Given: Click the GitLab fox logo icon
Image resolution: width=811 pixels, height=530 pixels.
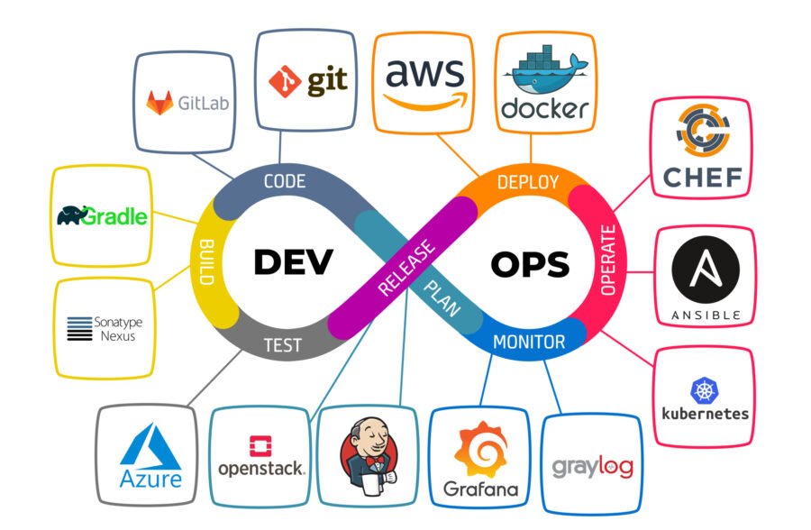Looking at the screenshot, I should [161, 103].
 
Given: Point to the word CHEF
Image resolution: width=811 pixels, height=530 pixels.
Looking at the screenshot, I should [702, 176].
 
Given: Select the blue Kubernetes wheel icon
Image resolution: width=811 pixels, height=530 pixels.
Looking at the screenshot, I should [705, 389].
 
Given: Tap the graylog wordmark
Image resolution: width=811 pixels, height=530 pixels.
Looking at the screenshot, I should [592, 467].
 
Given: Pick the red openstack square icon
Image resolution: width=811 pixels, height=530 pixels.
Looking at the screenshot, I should [260, 445].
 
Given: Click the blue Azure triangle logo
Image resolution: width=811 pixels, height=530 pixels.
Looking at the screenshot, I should [150, 445].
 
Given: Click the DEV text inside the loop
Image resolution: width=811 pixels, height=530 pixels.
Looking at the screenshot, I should [293, 262].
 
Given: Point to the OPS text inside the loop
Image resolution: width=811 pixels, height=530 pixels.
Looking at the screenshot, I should [530, 264].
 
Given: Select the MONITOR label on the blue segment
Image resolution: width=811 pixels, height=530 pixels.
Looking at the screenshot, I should [529, 343].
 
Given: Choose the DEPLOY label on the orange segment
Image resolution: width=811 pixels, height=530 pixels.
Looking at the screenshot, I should [527, 182].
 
